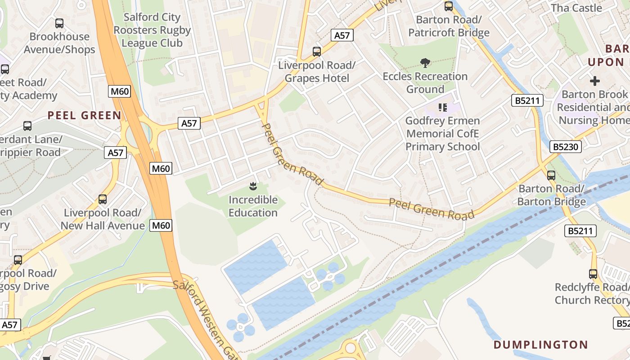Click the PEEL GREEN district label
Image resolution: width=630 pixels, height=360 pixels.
85,115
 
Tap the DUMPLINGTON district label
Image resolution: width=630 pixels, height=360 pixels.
541,345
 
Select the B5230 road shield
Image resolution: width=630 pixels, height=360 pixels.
566,147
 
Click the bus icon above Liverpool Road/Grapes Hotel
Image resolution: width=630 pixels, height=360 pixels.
317,52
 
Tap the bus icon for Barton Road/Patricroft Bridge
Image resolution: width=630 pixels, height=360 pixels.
449,6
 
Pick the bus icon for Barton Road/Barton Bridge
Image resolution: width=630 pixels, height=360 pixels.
551,175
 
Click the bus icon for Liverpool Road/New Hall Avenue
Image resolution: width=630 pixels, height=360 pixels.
103,199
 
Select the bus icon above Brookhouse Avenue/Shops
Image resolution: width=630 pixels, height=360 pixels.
59,23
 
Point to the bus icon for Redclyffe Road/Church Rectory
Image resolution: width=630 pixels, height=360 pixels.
593,274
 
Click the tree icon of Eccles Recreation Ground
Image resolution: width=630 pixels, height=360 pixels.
424,63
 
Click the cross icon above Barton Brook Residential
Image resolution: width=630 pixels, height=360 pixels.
595,81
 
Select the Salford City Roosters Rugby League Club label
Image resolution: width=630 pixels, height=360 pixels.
152,30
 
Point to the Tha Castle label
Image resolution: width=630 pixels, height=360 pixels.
576,8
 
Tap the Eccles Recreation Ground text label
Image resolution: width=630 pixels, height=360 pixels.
425,83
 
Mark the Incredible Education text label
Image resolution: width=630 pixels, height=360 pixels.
253,206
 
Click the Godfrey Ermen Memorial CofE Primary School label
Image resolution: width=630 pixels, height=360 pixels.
443,134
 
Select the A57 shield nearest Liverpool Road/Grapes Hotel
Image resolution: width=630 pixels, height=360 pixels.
342,35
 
